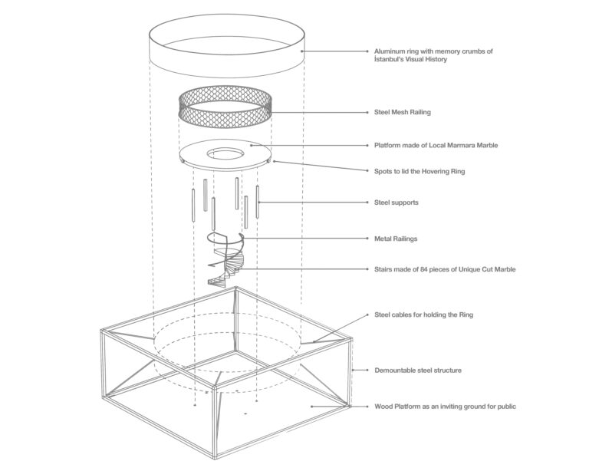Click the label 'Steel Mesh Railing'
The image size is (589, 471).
click(403, 112)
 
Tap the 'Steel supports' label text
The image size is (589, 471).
click(396, 203)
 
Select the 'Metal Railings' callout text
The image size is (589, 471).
click(396, 239)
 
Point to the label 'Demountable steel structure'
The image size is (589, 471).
click(418, 371)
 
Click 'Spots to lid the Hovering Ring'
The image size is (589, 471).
click(420, 171)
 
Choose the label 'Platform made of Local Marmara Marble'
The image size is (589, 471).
click(436, 145)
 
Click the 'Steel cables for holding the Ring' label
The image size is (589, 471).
click(423, 315)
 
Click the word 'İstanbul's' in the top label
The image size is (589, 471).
click(387, 59)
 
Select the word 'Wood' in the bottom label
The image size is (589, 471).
click(383, 407)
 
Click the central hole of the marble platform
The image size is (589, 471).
click(225, 153)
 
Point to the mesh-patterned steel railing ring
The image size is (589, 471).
click(225, 121)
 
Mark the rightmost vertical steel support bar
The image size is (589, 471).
click(258, 202)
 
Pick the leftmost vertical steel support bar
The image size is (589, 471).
click(193, 205)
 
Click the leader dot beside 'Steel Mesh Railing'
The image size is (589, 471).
click(367, 112)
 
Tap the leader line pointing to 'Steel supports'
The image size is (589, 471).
click(313, 203)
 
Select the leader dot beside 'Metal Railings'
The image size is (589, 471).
click(367, 239)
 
